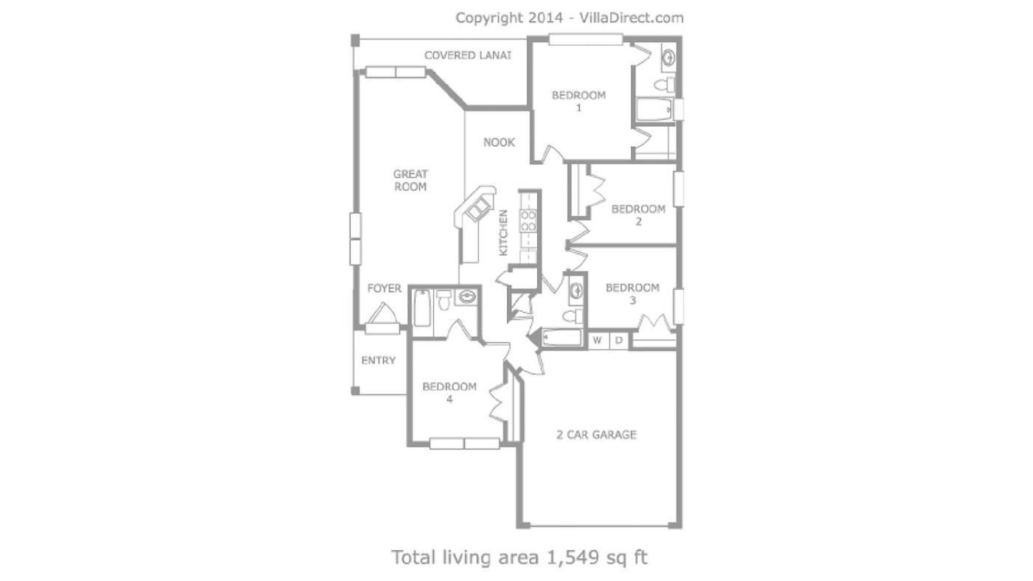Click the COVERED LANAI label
468,55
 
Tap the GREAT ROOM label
410,180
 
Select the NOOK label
499,142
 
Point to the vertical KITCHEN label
503,233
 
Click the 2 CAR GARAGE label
596,434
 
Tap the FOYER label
384,288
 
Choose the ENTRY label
378,361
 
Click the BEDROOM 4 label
449,392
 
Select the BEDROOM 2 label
638,215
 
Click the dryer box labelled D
619,341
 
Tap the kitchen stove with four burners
528,220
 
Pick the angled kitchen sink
477,212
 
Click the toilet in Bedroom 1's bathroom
665,85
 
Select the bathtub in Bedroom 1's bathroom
654,110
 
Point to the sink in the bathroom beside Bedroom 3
576,291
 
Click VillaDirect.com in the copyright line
632,18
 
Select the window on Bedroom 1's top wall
586,39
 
